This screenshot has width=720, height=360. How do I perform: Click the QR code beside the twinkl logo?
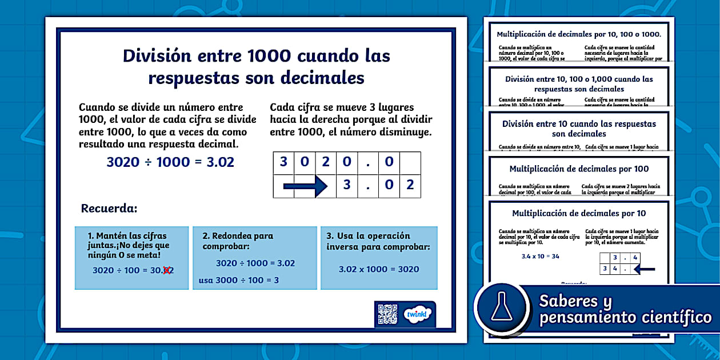click(x=387, y=314)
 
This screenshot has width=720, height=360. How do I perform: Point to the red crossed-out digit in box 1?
click(x=167, y=270)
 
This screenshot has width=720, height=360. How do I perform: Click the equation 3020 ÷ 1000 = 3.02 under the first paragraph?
click(x=170, y=162)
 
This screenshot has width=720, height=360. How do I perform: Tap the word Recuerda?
click(x=109, y=208)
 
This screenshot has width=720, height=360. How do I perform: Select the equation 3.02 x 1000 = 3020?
click(x=379, y=269)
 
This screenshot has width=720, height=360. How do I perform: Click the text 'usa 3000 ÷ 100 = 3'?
click(x=239, y=281)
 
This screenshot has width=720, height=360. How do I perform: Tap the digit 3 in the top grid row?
click(x=283, y=162)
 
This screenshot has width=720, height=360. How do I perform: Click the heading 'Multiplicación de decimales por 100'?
click(x=579, y=169)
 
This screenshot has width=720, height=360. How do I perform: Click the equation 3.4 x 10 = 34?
click(x=540, y=256)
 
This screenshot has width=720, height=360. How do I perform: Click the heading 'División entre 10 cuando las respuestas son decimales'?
click(x=579, y=129)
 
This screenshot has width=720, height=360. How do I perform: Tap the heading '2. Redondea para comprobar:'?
click(x=238, y=241)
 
